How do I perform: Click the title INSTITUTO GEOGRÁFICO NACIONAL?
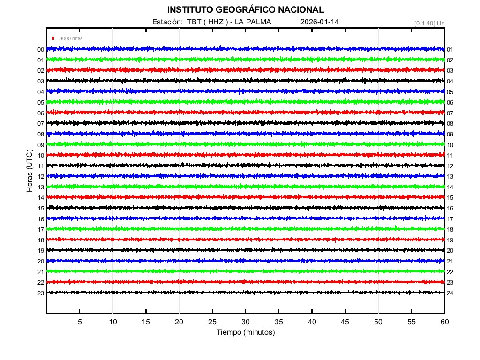[x=245, y=9]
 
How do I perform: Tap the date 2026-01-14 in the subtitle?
[x=319, y=22]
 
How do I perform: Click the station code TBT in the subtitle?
[x=194, y=22]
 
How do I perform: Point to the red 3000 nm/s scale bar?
[x=54, y=38]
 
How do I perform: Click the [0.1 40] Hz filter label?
[x=429, y=22]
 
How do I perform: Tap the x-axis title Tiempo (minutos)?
[x=245, y=332]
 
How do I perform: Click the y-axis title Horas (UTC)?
[x=30, y=171]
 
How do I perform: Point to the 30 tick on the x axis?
[x=246, y=322]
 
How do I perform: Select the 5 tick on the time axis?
[x=80, y=322]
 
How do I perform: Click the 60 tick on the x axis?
[x=444, y=322]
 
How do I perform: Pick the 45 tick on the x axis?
[x=345, y=322]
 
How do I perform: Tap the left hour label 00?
[x=41, y=50]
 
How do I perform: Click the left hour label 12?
[x=41, y=177]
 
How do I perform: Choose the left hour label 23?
[x=41, y=293]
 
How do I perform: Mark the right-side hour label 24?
[x=450, y=293]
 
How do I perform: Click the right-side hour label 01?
[x=450, y=50]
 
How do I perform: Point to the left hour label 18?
[x=41, y=240]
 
